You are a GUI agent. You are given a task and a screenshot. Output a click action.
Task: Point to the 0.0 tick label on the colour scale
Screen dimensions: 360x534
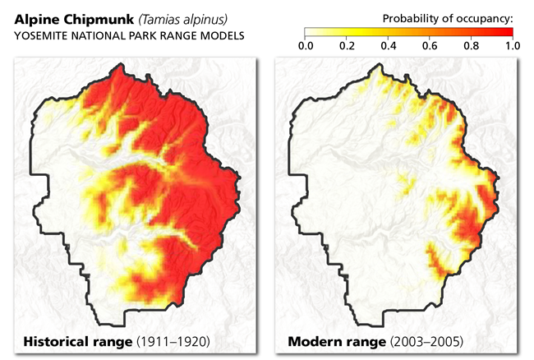click(x=305, y=46)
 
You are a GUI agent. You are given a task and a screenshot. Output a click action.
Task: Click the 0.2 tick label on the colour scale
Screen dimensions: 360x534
click(x=346, y=46)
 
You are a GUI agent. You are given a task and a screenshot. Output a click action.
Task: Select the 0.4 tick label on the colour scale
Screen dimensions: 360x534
click(x=388, y=46)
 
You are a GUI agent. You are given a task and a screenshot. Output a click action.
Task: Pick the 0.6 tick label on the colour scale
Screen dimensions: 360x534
click(x=429, y=46)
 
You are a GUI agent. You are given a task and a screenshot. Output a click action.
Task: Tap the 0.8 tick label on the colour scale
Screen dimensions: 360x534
click(x=471, y=46)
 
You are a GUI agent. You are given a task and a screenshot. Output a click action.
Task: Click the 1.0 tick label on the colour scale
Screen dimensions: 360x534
click(x=511, y=46)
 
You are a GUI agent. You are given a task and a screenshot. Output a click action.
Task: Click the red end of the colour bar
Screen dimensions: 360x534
click(x=508, y=33)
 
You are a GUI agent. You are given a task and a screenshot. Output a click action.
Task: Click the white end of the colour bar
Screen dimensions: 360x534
click(x=309, y=33)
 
